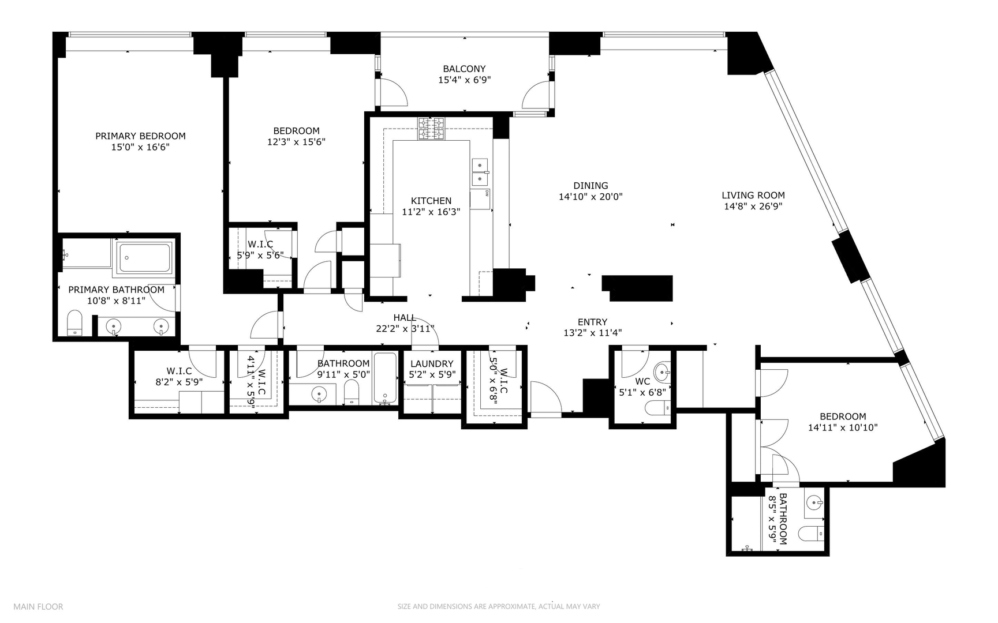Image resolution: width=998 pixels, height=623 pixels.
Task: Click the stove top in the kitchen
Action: coord(431,129)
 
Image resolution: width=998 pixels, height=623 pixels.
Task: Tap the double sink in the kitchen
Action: coord(480,172)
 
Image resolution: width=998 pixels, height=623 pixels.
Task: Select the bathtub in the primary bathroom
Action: coord(144,258)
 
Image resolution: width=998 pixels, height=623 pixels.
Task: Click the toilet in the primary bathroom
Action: coord(74,323)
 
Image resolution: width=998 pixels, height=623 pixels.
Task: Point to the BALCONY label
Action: coord(464,69)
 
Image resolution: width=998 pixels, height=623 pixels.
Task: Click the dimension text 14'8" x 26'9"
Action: coord(753,207)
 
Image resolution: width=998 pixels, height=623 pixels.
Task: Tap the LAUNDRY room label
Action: coord(432,363)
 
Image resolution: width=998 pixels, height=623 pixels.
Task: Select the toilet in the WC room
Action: coord(657,408)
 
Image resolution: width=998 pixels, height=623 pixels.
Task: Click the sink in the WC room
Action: coord(663,370)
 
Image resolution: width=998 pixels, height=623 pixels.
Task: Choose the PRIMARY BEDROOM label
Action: coord(140,136)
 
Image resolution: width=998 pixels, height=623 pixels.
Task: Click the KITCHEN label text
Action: coord(431,201)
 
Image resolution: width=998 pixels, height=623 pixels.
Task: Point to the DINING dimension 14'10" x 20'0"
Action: coord(590,197)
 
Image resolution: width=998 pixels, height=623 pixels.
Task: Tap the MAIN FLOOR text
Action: coord(38,606)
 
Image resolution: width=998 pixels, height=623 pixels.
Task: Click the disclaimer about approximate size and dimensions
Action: coord(498,606)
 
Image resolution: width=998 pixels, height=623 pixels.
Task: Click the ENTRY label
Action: coord(592,322)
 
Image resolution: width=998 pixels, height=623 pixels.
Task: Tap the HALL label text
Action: coord(405,317)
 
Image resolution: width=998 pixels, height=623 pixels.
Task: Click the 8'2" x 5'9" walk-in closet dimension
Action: coord(179,381)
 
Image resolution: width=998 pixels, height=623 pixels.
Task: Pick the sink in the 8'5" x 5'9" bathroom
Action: coord(814,502)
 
